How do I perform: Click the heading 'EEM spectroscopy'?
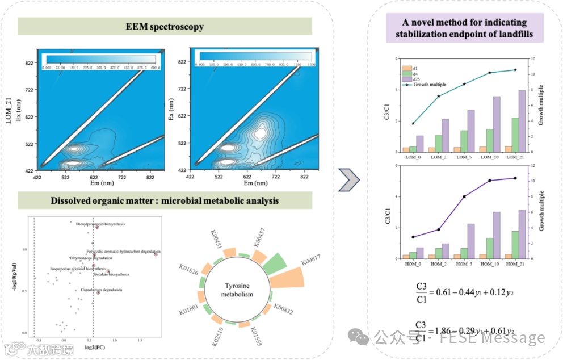pyautogui.click(x=165, y=27)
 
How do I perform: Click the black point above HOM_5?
pyautogui.click(x=464, y=196)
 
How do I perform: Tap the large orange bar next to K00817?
pyautogui.click(x=293, y=278)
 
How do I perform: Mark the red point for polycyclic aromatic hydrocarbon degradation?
pyautogui.click(x=156, y=254)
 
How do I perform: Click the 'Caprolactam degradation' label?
pyautogui.click(x=98, y=290)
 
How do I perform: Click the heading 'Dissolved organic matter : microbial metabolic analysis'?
pyautogui.click(x=165, y=201)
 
